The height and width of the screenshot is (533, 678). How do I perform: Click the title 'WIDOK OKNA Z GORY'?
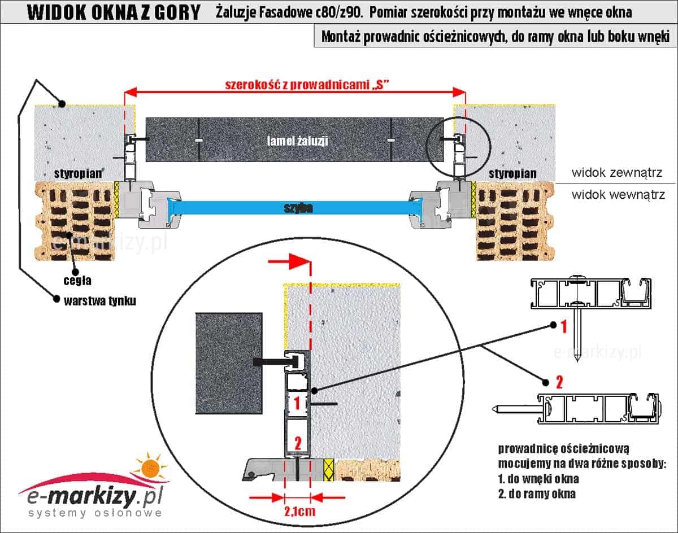click(x=114, y=12)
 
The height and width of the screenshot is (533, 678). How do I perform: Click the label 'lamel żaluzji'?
click(x=298, y=141)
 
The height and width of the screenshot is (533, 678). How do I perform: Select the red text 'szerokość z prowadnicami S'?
click(x=308, y=85)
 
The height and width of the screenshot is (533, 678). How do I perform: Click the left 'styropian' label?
click(x=79, y=172)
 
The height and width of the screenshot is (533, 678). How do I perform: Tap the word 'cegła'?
click(x=77, y=279)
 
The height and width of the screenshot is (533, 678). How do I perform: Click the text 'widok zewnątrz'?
click(x=615, y=172)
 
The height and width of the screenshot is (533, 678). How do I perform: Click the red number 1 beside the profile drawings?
click(x=563, y=325)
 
